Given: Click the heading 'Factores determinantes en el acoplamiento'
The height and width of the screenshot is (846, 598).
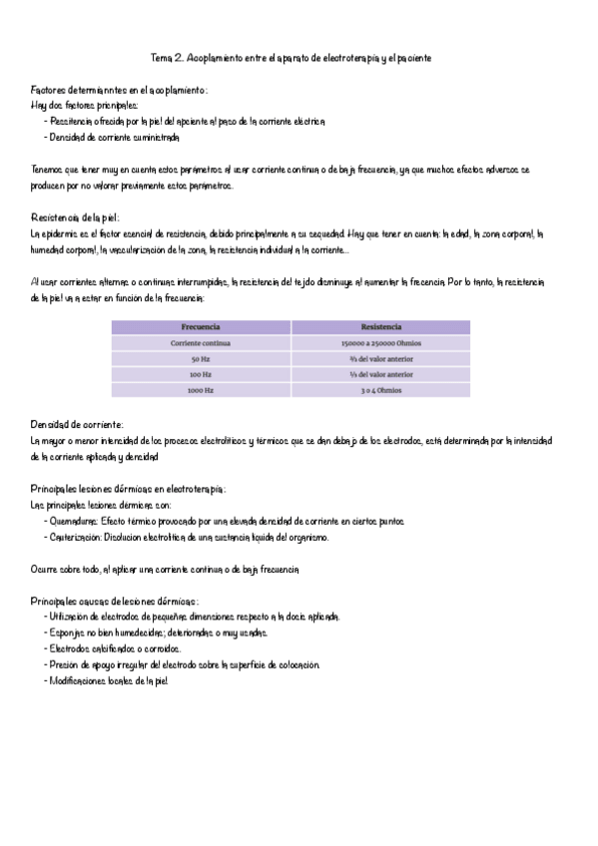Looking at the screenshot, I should [119, 90].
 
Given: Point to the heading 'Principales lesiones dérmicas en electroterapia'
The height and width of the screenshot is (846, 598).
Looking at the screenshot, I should [130, 489].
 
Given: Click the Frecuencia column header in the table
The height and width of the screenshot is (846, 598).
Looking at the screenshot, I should [201, 327].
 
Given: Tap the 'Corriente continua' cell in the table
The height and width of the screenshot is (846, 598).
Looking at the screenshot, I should [201, 343].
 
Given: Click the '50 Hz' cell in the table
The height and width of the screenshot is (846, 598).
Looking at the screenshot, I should [201, 359].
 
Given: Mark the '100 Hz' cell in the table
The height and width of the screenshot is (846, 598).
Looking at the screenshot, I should [201, 375].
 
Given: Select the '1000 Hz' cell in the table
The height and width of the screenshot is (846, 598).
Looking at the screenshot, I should [201, 391].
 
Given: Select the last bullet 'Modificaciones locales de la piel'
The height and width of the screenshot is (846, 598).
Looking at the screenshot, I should [113, 680].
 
